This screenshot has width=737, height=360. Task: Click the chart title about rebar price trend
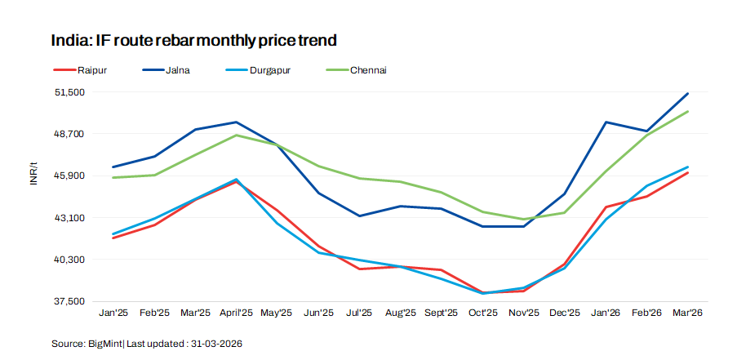coord(194,40)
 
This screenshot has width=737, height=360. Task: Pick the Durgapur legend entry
coord(266,70)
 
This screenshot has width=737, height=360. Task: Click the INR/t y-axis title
coord(33,174)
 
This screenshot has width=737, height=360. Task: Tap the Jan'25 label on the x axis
coord(113,313)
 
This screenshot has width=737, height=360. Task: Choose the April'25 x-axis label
coord(236,313)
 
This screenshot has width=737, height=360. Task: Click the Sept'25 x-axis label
coord(441,313)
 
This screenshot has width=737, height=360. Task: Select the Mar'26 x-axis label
coord(686,313)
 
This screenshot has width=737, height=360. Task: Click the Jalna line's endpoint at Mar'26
coord(687,94)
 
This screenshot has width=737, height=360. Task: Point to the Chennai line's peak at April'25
coord(236,135)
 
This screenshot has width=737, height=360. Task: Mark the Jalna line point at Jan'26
coord(606,122)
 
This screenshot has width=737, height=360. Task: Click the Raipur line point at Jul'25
coord(359,269)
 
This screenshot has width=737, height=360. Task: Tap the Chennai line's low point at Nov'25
coord(523,220)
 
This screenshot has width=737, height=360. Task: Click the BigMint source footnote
coord(146,344)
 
